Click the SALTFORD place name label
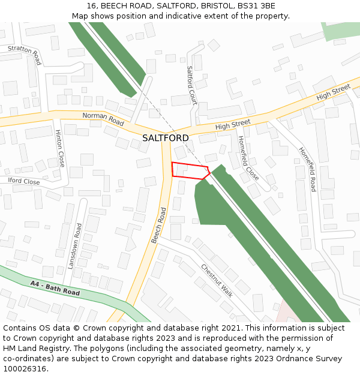[166, 138]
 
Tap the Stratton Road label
[24, 55]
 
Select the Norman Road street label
[103, 119]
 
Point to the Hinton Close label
[59, 148]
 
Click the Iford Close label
[24, 181]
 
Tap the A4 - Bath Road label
[55, 287]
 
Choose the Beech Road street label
[158, 226]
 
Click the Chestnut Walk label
[217, 280]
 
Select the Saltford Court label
[191, 85]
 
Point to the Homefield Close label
[248, 158]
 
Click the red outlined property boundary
[190, 170]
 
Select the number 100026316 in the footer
[25, 369]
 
